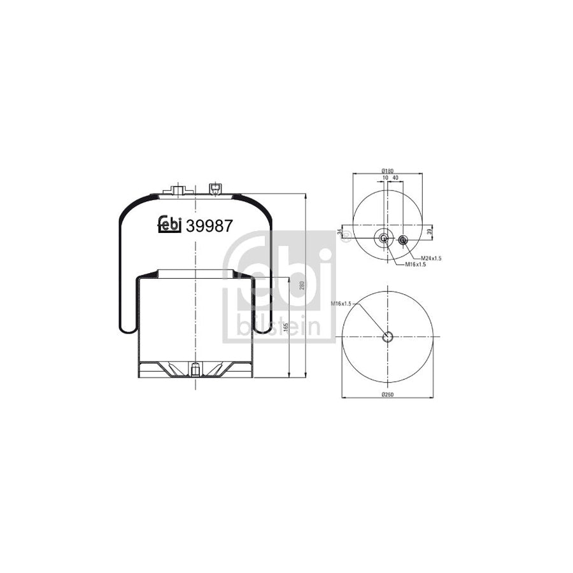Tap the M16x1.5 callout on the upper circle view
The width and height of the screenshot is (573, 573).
[415, 264]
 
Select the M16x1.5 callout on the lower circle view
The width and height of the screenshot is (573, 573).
[342, 304]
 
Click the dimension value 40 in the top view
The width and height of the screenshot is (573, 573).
[395, 178]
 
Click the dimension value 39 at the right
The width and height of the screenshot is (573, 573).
[430, 231]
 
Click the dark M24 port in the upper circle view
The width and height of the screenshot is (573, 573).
[403, 240]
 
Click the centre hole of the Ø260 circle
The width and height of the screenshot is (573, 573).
[387, 337]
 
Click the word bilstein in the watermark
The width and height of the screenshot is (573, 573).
[281, 327]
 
